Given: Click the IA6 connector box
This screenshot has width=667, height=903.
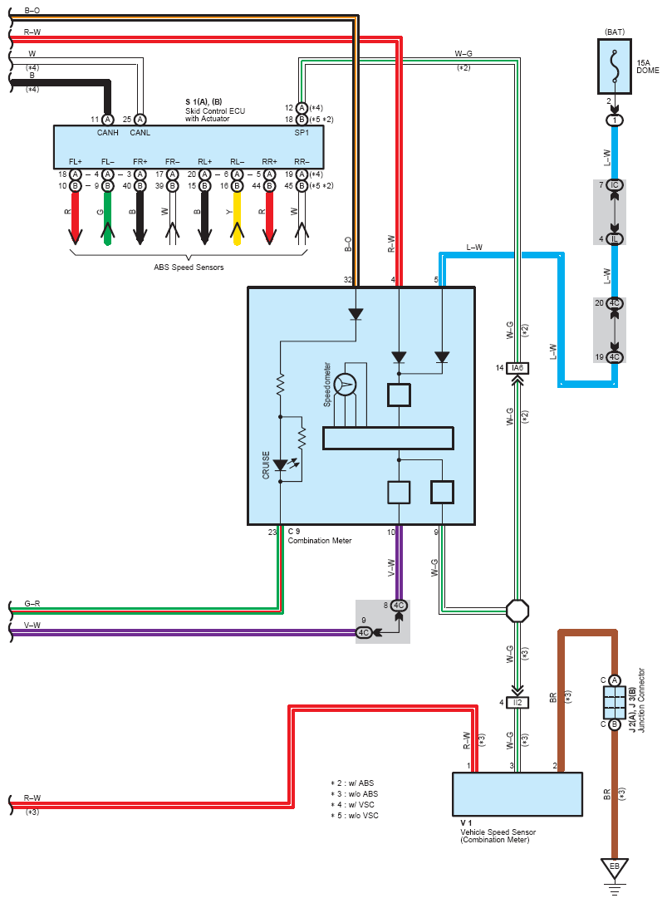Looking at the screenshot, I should [517, 368].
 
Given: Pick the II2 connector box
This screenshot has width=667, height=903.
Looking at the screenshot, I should [517, 703].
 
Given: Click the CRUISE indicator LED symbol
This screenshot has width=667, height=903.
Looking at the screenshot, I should [281, 466].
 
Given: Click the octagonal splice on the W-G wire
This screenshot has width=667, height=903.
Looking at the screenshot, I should [517, 612].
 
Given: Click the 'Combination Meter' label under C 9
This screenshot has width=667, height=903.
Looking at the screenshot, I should [320, 541].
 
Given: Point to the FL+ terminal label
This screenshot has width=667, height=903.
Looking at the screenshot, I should [76, 162].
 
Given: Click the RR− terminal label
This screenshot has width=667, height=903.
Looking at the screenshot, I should [301, 162].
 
